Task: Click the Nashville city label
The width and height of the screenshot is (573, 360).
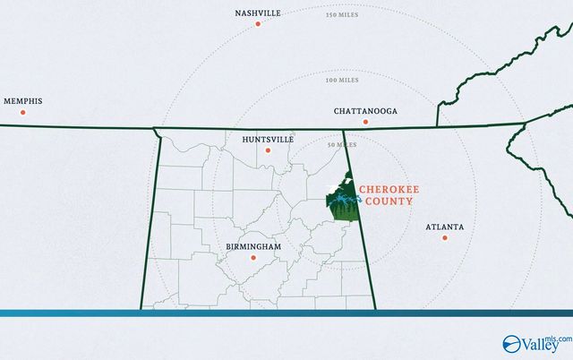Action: coord(258,13)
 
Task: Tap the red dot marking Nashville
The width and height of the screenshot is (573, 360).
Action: coord(258,24)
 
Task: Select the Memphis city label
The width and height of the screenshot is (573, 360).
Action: coord(23,101)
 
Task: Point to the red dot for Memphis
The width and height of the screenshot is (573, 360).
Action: coord(23,112)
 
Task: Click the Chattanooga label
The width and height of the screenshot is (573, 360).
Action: coord(365,112)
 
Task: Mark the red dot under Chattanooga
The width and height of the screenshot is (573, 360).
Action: coord(364,123)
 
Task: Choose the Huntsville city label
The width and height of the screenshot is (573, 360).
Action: coord(268,140)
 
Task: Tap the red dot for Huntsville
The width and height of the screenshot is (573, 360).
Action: coord(268,150)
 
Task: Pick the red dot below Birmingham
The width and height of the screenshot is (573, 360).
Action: coord(252,257)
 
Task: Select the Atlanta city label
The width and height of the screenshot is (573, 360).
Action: coord(445,227)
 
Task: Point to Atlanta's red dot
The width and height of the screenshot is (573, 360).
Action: coord(444,237)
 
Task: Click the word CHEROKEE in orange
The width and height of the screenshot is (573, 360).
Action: coord(386,190)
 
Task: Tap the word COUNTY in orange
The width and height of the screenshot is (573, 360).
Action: coord(386,201)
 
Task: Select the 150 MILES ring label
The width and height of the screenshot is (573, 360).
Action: coord(342,16)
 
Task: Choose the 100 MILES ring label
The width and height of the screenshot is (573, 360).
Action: coord(342,80)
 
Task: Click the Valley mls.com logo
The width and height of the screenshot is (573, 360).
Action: coord(536,341)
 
